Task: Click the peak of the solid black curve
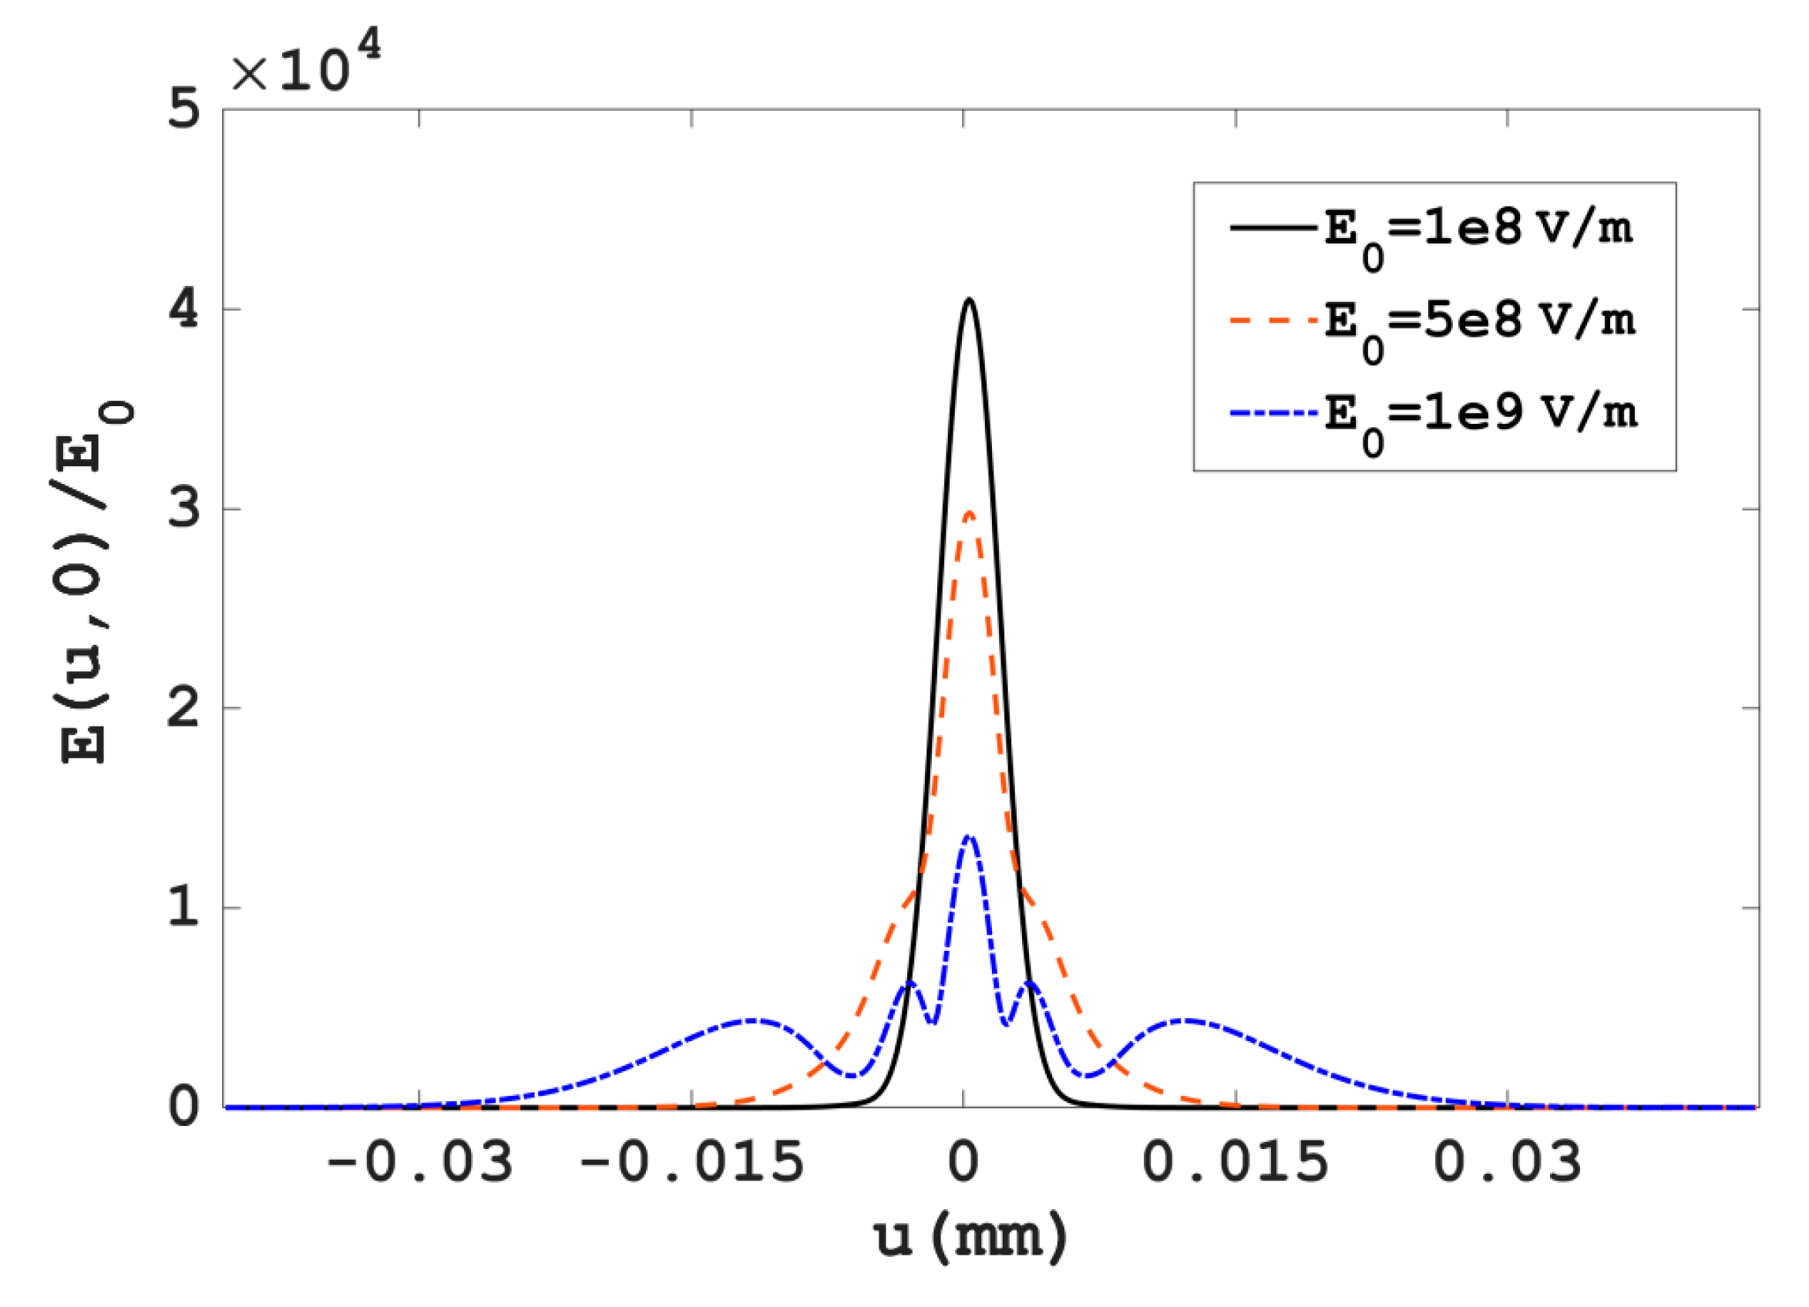969,300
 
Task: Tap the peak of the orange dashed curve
969,512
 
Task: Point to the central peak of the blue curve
969,836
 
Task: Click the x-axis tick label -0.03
419,1164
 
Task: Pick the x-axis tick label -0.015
691,1164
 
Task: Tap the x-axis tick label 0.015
1236,1164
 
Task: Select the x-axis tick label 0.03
1508,1164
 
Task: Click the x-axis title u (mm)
970,1238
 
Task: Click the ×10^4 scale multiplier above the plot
305,64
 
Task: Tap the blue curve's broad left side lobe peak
753,1021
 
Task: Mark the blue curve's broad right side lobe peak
1187,1021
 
